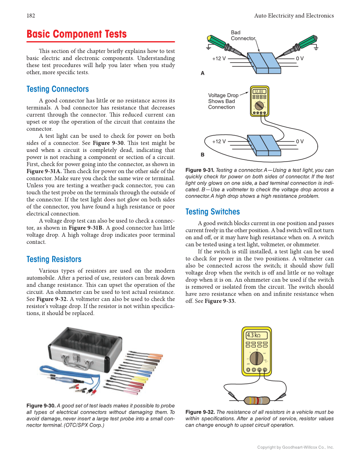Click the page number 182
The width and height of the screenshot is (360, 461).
tap(31, 16)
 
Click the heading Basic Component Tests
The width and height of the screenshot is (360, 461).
tap(76, 34)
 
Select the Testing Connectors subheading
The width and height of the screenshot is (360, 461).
tap(58, 89)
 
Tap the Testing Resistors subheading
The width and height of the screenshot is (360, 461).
tap(54, 259)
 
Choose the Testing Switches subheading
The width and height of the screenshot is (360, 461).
tap(212, 212)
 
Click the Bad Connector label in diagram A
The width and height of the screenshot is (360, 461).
tap(243, 36)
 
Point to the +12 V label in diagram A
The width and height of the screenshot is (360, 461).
tap(219, 59)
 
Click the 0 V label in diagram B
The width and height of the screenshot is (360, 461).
tap(300, 141)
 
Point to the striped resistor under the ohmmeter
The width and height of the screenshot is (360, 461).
tap(257, 400)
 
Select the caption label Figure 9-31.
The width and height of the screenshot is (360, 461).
tap(200, 170)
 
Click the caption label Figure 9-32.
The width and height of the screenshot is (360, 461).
tap(200, 412)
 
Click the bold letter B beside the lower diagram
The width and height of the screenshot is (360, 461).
tap(202, 155)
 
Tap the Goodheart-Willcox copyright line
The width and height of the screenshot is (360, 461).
tap(296, 447)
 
